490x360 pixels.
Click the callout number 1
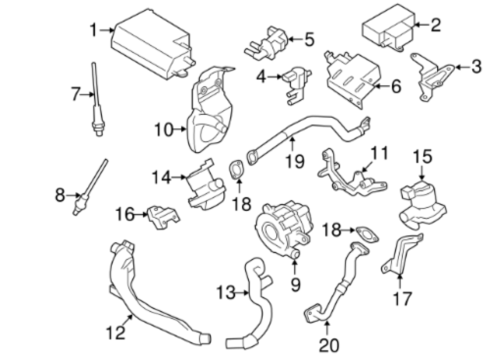coord(94,30)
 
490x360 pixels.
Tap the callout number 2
coord(435,25)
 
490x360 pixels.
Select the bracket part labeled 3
coord(432,77)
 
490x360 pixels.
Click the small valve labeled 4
coord(297,85)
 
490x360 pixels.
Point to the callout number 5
coord(310,39)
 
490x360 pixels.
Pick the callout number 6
coord(396,86)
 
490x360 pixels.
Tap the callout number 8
coord(60,195)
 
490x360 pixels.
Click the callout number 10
coord(164,129)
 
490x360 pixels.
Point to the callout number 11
coord(379,153)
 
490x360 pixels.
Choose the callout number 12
coord(116,333)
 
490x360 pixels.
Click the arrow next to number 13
coord(242,293)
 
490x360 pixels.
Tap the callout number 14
coord(162,178)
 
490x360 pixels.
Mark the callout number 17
coord(403,298)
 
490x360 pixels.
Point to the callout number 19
coord(295,161)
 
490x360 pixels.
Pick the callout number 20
coord(329,345)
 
